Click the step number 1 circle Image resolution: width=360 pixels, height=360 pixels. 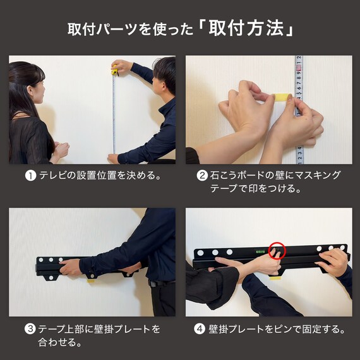pyautogui.click(x=30, y=176)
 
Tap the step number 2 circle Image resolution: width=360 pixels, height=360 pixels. pyautogui.click(x=202, y=176)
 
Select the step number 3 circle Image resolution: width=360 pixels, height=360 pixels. pyautogui.click(x=30, y=329)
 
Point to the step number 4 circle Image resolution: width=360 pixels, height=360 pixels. pyautogui.click(x=200, y=329)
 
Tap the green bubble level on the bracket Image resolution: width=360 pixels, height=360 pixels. pyautogui.click(x=260, y=251)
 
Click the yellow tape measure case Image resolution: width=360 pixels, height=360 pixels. pyautogui.click(x=115, y=71)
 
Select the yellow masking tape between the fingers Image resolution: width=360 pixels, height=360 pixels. pyautogui.click(x=282, y=97)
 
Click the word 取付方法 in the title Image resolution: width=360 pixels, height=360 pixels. pyautogui.click(x=246, y=29)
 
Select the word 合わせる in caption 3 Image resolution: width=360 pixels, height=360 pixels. pyautogui.click(x=57, y=342)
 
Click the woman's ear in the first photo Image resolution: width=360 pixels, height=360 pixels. pyautogui.click(x=31, y=90)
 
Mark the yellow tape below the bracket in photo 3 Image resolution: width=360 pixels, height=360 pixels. pyautogui.click(x=92, y=281)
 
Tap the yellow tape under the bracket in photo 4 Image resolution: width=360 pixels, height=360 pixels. pyautogui.click(x=275, y=278)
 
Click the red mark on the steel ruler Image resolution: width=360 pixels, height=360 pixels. pyautogui.click(x=299, y=68)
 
